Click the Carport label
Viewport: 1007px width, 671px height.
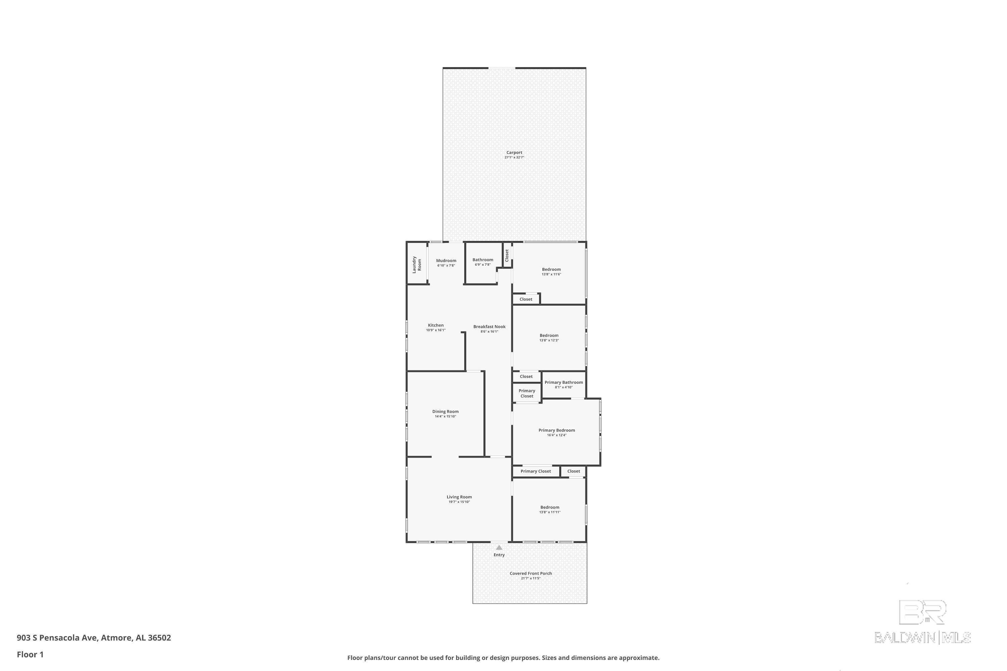(514, 152)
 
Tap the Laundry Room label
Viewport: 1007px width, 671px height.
(417, 264)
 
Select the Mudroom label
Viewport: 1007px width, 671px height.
(446, 261)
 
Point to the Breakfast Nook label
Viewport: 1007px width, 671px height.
(489, 326)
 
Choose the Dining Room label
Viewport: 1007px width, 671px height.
(445, 412)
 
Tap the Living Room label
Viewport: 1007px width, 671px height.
(460, 497)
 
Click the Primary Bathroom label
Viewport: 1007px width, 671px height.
(564, 382)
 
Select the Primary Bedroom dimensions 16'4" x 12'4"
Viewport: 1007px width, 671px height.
(557, 435)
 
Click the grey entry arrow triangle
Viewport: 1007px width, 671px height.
(499, 547)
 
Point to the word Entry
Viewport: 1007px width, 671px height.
(499, 555)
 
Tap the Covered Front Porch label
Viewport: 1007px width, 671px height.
(531, 573)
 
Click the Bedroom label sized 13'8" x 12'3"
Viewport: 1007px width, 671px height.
(549, 335)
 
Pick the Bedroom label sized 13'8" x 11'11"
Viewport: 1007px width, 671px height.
(550, 507)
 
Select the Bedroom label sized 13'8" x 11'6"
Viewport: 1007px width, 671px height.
(552, 270)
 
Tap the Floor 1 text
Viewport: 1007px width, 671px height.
(30, 654)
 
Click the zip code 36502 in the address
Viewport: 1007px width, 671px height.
(159, 638)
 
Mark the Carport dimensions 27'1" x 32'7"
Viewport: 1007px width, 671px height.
(514, 157)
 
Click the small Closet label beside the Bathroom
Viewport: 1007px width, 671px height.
(507, 255)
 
